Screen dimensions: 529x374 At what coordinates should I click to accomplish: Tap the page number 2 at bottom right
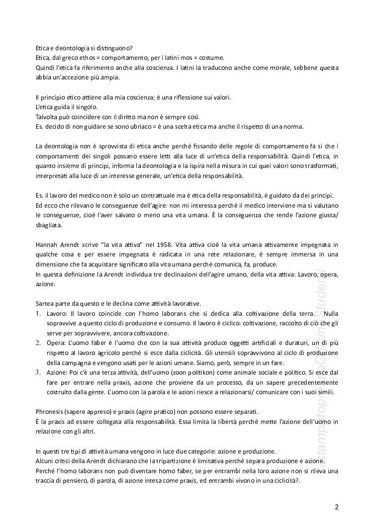click(336, 506)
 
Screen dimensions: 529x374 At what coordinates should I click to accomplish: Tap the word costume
click(213, 58)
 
